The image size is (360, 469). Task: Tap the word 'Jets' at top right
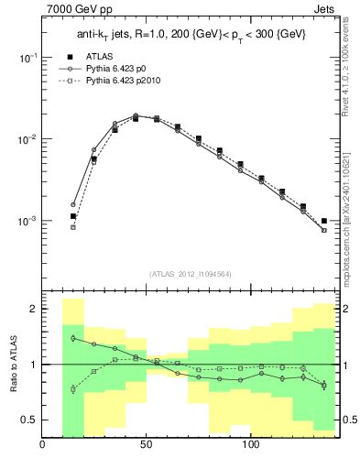(324, 10)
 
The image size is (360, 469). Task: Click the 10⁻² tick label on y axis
(27, 139)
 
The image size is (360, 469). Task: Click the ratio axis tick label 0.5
(28, 420)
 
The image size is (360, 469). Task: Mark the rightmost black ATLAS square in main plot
(324, 221)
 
